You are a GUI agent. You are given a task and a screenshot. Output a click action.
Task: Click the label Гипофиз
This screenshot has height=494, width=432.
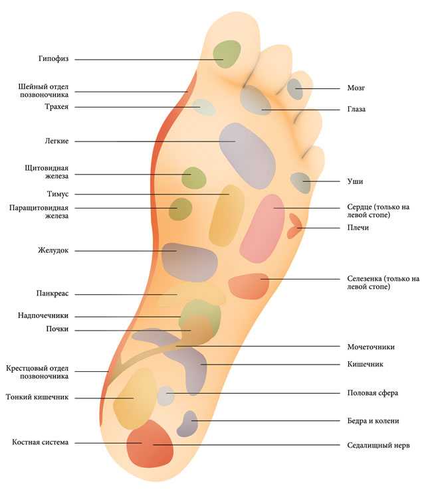tap(53, 59)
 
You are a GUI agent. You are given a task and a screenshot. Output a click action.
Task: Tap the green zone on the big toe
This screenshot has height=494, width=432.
tap(227, 54)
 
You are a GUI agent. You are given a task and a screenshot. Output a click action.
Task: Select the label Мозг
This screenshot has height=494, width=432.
tap(356, 88)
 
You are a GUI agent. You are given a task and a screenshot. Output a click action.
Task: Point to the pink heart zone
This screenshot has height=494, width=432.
tap(263, 228)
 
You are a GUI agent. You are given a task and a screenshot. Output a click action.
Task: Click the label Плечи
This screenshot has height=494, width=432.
tap(358, 228)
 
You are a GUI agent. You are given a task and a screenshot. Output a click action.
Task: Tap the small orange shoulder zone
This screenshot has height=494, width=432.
tap(294, 226)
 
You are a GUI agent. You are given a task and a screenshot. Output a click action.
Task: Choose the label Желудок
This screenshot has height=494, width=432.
tap(53, 250)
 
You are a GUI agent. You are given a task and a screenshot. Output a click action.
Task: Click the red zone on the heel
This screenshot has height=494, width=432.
tap(150, 444)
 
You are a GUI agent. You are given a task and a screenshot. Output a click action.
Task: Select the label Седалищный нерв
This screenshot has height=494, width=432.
tap(378, 445)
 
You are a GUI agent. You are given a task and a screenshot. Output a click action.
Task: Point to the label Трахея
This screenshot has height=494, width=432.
tap(56, 107)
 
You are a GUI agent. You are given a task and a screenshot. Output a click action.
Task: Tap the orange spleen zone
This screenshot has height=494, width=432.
tap(249, 286)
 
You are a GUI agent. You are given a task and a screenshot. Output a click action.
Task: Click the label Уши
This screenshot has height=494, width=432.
tap(355, 181)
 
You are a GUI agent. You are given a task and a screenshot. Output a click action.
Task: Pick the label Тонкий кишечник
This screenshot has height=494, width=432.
tap(37, 397)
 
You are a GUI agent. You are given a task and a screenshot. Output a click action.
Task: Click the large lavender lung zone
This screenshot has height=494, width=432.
tap(247, 156)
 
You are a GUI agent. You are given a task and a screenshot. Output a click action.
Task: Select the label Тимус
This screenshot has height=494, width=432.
tap(58, 194)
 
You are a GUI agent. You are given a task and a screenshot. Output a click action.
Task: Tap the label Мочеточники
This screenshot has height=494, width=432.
tap(371, 347)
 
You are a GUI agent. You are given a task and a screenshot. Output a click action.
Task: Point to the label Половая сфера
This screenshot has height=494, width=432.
tap(373, 393)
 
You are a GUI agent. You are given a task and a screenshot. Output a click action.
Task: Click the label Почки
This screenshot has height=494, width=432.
tap(57, 329)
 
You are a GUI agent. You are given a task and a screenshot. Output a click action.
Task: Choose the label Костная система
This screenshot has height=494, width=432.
tap(40, 442)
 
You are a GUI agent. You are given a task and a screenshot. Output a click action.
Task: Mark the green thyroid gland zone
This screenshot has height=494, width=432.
tap(194, 178)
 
